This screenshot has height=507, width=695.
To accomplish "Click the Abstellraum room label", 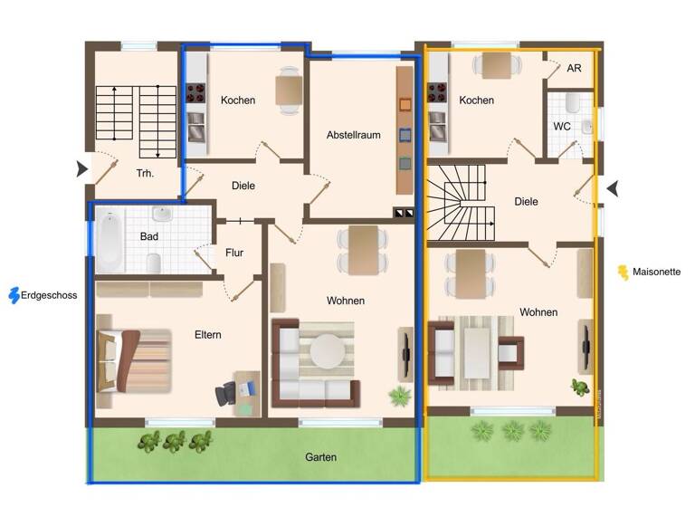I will click(353, 135).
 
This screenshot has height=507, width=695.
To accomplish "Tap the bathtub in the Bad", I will click(109, 242).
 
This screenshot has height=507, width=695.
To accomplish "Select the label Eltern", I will click(207, 335).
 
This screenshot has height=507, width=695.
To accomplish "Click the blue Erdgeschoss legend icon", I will click(14, 295).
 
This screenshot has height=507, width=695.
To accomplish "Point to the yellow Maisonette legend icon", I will click(623, 272).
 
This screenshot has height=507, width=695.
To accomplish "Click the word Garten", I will click(321, 457).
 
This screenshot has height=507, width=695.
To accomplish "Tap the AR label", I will click(574, 68).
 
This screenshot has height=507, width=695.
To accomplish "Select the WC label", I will click(562, 127).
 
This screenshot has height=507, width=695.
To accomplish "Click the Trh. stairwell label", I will click(144, 172).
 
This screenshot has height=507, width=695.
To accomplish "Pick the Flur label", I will click(234, 253).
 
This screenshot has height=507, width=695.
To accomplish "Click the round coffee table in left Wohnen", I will click(329, 351).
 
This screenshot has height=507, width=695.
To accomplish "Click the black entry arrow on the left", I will click(82, 167).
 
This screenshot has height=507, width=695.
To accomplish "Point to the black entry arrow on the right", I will click(613, 188).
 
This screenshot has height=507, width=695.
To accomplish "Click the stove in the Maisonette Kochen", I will click(438, 93).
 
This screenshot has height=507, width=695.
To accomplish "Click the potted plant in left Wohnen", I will click(398, 396).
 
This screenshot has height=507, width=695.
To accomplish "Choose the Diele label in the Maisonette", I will click(526, 202).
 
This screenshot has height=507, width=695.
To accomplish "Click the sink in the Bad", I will click(164, 215).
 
